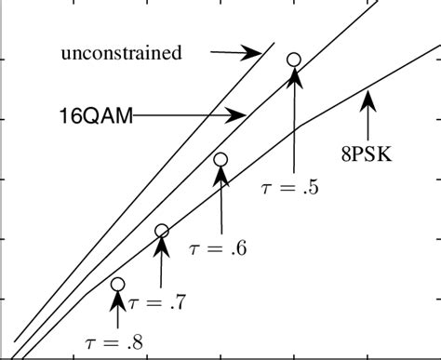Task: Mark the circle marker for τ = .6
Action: (220, 159)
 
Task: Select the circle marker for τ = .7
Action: (162, 231)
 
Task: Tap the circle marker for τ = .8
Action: (117, 284)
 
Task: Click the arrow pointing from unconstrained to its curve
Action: (237, 53)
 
